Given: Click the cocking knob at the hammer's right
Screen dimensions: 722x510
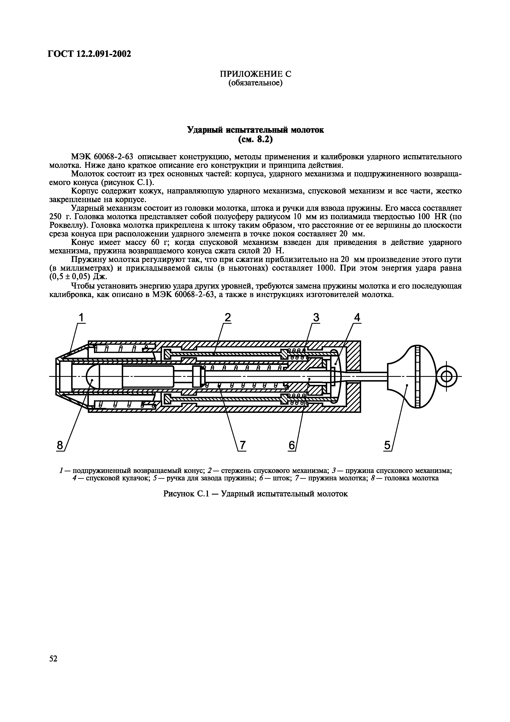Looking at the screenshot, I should point(412,376).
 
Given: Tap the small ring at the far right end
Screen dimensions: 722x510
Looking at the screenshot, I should point(447,376).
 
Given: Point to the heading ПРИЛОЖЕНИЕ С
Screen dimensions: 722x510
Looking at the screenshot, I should point(255,74).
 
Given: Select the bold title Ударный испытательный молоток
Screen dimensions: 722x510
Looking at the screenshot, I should point(255,130).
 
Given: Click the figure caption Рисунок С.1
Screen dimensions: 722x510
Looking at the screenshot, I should point(255,494).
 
